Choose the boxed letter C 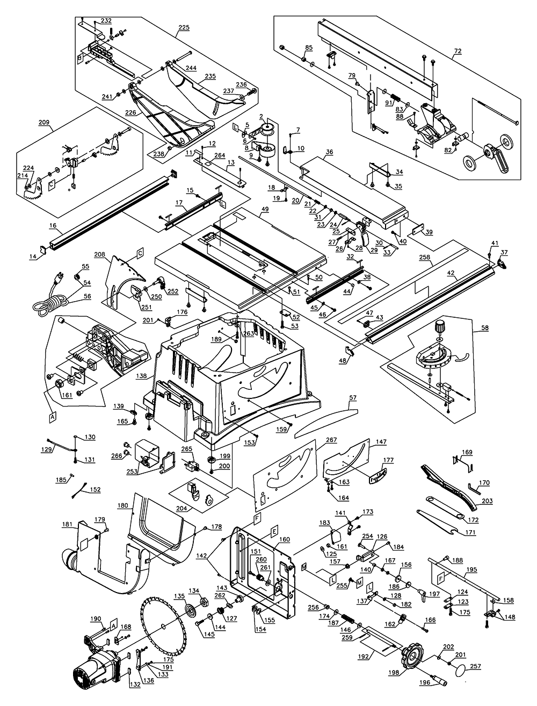click(x=140, y=252)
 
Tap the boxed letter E click(x=274, y=531)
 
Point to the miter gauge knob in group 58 click(x=441, y=326)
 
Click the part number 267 click(x=331, y=440)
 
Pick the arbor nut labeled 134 click(x=204, y=600)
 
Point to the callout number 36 click(x=329, y=152)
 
